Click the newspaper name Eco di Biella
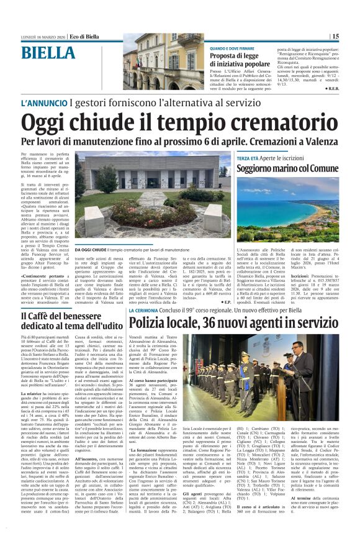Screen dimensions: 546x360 click(84, 37)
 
